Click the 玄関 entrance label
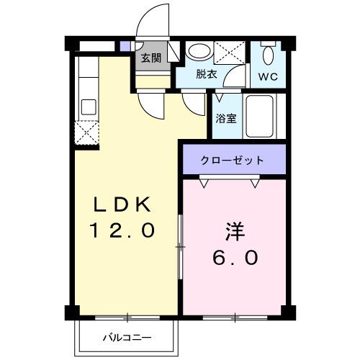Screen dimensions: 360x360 150,58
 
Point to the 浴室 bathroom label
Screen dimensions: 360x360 226,119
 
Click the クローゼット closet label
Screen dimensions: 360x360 232,160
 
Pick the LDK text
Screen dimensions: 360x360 121,205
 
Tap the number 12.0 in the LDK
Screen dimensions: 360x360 122,230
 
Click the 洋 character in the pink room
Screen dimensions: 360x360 234,233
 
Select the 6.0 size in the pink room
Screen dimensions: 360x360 234,257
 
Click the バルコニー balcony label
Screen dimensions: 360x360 126,336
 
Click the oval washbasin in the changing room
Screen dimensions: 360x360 199,51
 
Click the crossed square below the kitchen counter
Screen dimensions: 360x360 86,131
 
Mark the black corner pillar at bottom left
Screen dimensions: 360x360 72,312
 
